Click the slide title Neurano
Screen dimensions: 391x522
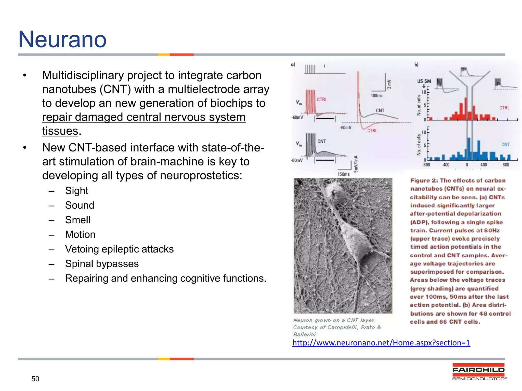click(62, 39)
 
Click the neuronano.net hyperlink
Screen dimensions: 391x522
click(381, 343)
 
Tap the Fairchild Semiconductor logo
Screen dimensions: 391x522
click(479, 372)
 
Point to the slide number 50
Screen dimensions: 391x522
click(35, 379)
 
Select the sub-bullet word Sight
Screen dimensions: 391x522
click(76, 191)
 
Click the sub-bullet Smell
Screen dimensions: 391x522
click(78, 220)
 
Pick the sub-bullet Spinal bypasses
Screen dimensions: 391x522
click(102, 264)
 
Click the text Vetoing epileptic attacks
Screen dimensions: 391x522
click(119, 249)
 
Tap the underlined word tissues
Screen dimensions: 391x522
click(60, 131)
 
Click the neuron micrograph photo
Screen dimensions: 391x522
click(343, 246)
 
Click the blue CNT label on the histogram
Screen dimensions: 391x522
click(505, 145)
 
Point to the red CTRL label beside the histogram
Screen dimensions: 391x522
click(504, 108)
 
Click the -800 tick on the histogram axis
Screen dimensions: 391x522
click(426, 165)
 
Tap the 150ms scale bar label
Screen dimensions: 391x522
click(344, 174)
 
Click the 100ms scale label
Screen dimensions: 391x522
click(376, 96)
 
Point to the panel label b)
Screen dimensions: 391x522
click(416, 65)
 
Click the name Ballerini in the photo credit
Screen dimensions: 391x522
click(304, 334)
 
